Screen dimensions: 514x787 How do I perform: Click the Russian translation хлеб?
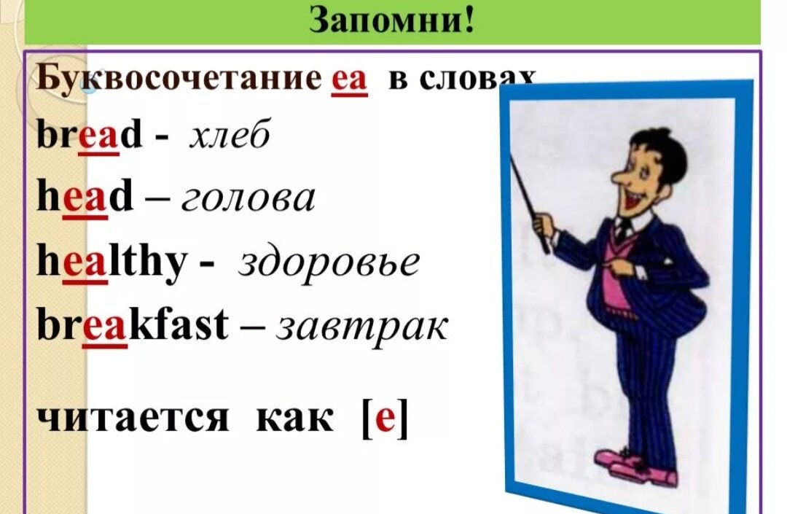(x=230, y=136)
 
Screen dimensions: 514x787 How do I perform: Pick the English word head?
(x=85, y=198)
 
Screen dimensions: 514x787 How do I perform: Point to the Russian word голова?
(x=248, y=199)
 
